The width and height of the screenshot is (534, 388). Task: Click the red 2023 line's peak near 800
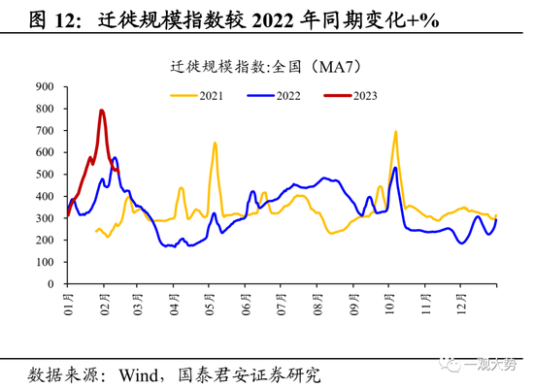[101, 111]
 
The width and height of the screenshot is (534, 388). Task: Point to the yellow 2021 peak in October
[395, 131]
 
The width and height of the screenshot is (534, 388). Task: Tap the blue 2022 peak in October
[394, 168]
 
